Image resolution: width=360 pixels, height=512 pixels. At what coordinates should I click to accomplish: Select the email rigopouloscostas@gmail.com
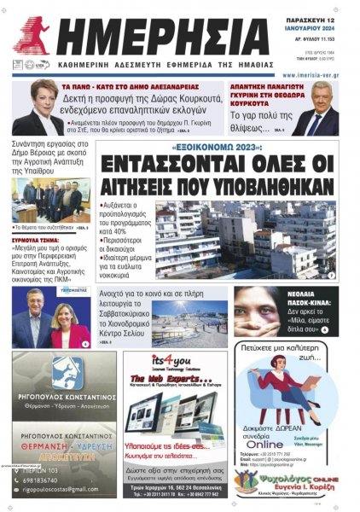tap(60, 489)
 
